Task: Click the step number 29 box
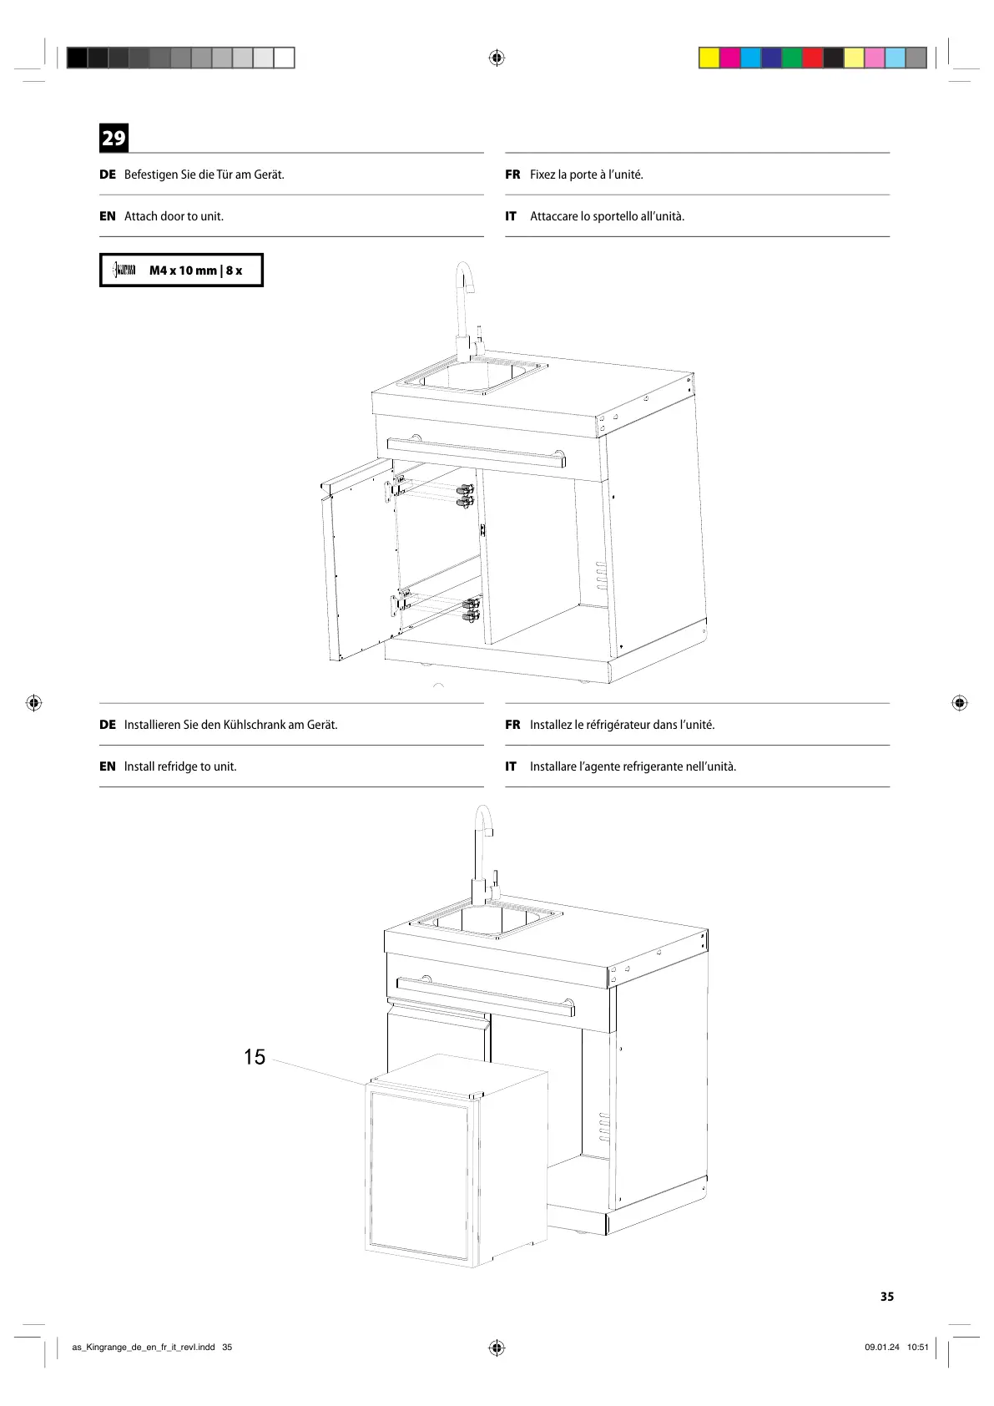(x=114, y=138)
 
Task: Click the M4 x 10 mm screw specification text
(x=195, y=271)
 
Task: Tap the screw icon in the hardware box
(x=124, y=270)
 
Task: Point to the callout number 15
(x=255, y=1057)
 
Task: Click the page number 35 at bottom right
(x=886, y=1297)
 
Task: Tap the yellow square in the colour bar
(x=709, y=58)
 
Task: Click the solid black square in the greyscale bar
(x=77, y=58)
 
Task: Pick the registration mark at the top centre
(x=497, y=58)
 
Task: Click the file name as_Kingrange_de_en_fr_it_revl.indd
(x=144, y=1347)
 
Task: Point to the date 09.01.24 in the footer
(x=882, y=1347)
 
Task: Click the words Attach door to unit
(x=174, y=216)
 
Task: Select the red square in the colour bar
(x=812, y=58)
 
